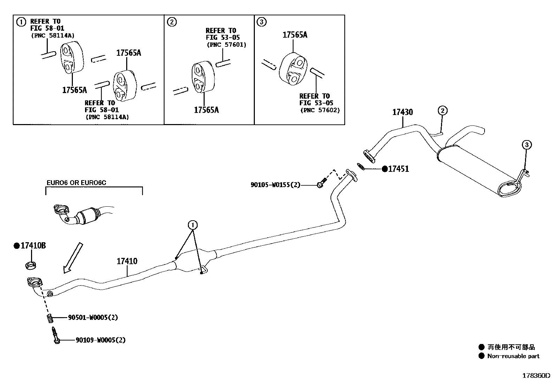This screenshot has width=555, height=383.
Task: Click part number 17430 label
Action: coord(402,112)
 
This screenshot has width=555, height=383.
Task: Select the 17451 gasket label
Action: coord(398,169)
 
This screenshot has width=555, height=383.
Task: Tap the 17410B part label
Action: coord(33,246)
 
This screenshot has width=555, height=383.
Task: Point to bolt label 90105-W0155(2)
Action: coord(275,185)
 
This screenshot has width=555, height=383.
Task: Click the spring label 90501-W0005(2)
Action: coord(93,317)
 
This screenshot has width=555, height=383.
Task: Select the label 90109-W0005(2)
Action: coord(100,340)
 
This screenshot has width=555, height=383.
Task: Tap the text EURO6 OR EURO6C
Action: coord(76,183)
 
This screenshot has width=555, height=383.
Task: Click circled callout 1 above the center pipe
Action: coord(192,225)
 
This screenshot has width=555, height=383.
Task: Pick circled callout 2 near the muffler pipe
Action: coord(442,111)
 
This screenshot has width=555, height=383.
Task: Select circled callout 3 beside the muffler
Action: coord(526,144)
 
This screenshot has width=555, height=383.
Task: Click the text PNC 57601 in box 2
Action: coord(226,45)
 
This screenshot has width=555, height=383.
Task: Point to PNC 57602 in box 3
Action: coord(320,110)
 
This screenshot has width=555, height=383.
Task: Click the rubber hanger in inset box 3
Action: coord(294,68)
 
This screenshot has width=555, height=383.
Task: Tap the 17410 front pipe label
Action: coord(127,261)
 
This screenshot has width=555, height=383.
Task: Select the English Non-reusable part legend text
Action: coord(513,356)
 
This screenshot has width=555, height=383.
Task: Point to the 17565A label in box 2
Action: coord(206,110)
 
